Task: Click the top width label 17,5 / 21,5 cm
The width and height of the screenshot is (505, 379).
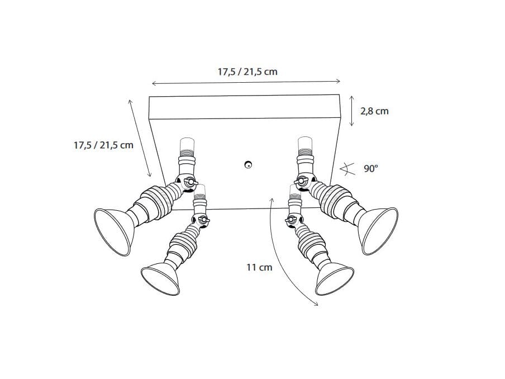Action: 247,72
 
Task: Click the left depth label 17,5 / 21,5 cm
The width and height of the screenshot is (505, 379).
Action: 103,145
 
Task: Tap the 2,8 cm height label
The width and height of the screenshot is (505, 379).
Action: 374,111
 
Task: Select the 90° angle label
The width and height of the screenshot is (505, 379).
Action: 371,168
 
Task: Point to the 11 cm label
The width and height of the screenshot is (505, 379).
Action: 259,267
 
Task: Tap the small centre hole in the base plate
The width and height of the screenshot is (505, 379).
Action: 248,164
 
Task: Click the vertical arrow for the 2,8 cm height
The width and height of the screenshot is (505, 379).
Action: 351,111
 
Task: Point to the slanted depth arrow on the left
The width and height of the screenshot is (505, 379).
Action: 141,137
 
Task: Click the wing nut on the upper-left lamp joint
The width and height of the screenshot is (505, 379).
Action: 189,182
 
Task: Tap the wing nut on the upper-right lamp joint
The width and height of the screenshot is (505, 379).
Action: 303,181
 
